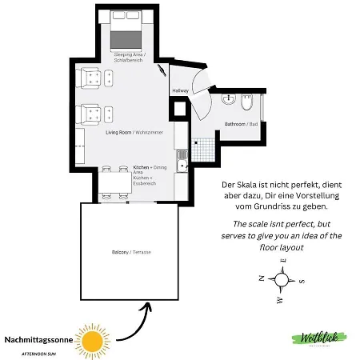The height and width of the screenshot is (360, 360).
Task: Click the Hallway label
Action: (x=180, y=90)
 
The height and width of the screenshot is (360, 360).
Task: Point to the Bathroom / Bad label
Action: (x=241, y=124)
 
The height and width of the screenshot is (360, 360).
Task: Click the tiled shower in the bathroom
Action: (x=206, y=147)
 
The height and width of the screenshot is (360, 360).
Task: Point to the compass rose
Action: (x=281, y=280)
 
